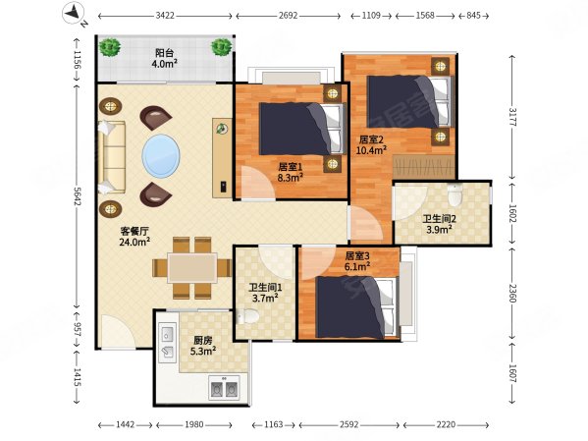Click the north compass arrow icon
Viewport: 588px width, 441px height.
coord(73,13)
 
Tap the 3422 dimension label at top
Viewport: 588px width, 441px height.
coord(165,16)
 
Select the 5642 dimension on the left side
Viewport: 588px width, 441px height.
coord(78,196)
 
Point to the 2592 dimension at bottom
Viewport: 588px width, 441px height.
coord(348,424)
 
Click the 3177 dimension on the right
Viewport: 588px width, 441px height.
coord(512,117)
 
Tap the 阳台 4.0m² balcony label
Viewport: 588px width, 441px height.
coord(164,58)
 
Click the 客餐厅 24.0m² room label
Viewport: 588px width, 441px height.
coord(134,237)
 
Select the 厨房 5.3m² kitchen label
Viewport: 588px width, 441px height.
coord(202,346)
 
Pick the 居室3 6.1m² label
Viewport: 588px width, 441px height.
coord(357,261)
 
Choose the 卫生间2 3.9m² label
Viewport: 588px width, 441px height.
coord(439,224)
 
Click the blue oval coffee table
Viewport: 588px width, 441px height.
coord(161,155)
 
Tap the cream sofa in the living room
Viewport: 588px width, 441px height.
coord(111,157)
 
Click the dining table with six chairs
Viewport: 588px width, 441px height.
coord(192,267)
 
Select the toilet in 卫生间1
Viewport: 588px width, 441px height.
coord(248,316)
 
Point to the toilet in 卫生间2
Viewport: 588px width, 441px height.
coord(454,195)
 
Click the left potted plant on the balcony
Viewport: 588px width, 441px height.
coord(110,48)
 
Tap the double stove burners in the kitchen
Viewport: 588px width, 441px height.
coord(224,389)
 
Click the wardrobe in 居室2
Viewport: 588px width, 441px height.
coord(424,166)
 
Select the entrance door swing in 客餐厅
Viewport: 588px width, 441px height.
coord(118,332)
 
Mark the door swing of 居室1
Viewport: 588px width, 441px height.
coord(258,183)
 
